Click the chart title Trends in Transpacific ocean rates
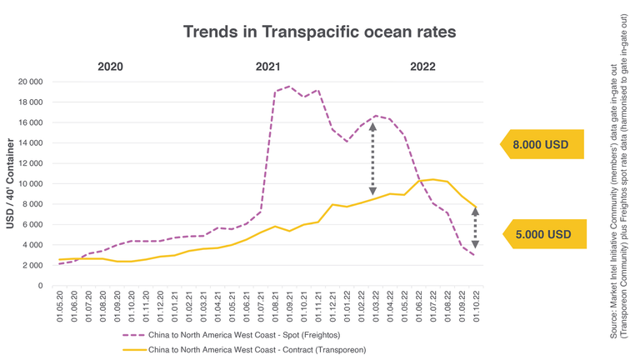click(319, 32)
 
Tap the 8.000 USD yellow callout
click(540, 145)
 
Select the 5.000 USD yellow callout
click(542, 235)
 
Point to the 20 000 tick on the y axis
click(29, 82)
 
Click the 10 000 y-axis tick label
click(29, 184)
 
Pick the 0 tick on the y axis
click(39, 286)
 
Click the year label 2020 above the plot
click(110, 67)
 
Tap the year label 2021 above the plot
click(267, 67)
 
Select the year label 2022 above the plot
click(422, 67)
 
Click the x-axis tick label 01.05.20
click(60, 307)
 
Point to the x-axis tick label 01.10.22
click(476, 307)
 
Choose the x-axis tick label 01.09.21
click(289, 307)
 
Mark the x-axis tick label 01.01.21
click(175, 307)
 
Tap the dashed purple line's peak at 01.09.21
click(289, 86)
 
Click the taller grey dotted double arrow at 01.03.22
click(372, 158)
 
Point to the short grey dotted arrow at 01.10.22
click(476, 228)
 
